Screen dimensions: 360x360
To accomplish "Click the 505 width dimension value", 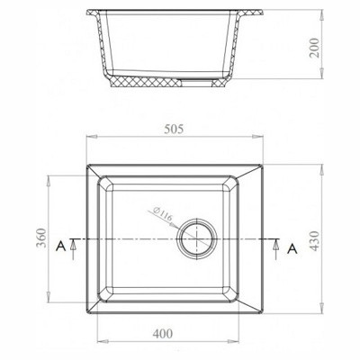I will tap(175, 129).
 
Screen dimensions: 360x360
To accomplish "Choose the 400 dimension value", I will tap(163, 334).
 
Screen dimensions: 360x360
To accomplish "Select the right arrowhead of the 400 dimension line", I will tap(238, 342).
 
